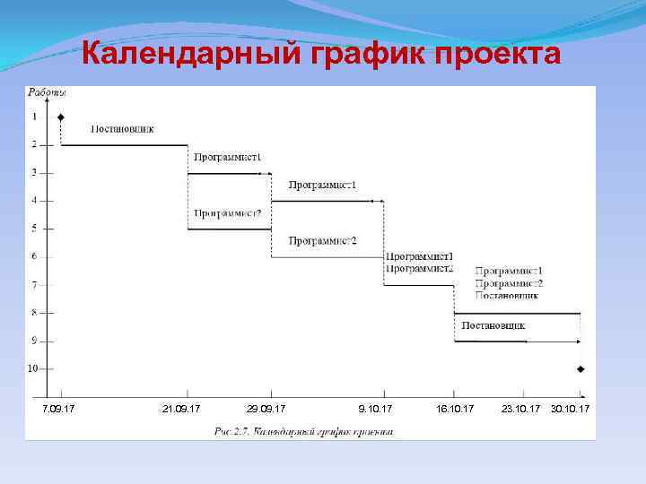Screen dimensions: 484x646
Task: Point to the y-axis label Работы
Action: click(x=47, y=91)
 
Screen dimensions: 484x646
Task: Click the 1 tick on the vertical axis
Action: click(x=35, y=117)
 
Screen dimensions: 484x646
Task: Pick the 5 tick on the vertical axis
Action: click(x=35, y=229)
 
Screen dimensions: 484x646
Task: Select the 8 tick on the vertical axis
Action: click(x=35, y=313)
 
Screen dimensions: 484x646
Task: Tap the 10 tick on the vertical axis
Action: click(x=32, y=368)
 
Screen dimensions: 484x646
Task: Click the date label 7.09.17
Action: click(x=59, y=409)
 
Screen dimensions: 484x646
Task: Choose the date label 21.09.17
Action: click(x=181, y=409)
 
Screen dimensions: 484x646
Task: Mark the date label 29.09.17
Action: click(x=266, y=409)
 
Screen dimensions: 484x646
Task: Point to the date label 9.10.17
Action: click(x=375, y=409)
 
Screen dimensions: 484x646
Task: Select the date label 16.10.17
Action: click(x=455, y=409)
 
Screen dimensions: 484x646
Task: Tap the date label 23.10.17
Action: click(x=521, y=409)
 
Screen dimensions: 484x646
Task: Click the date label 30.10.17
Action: click(x=571, y=409)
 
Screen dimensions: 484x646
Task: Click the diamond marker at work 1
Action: click(x=60, y=117)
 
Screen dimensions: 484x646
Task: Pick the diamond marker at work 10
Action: click(x=581, y=369)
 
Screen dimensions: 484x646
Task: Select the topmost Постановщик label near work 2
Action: click(x=123, y=128)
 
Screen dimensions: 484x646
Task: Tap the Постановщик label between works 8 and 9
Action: click(x=493, y=325)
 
